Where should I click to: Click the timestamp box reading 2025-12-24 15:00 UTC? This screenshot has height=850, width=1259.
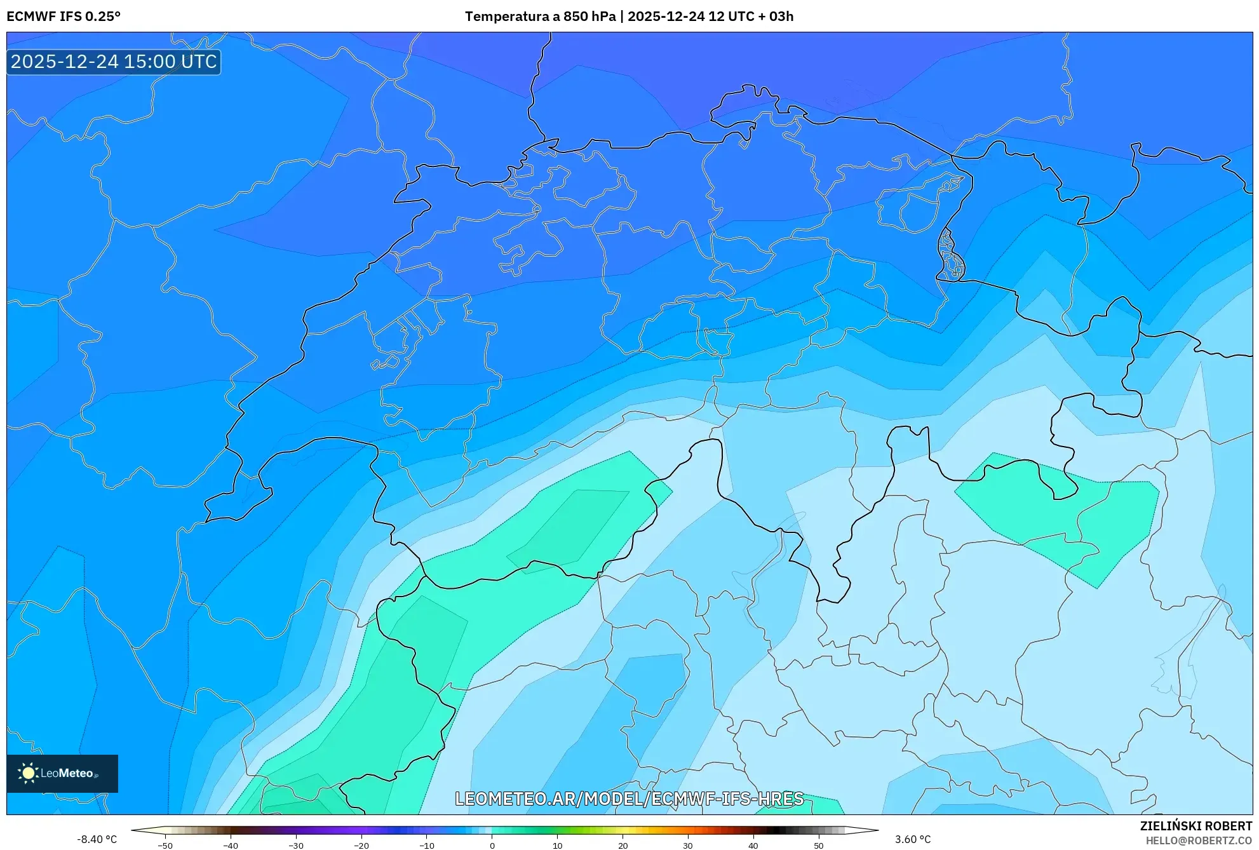click(114, 62)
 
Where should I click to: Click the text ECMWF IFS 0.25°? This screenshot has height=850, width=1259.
click(64, 17)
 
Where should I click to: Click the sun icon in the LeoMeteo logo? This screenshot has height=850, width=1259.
click(28, 773)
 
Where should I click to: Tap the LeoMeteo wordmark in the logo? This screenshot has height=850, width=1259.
click(67, 773)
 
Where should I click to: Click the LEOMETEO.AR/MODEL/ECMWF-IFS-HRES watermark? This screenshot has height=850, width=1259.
click(629, 799)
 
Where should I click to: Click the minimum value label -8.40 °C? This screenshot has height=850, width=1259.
click(97, 839)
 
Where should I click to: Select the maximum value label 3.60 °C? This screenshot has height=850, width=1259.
click(913, 839)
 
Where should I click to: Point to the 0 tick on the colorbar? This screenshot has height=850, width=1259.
click(492, 846)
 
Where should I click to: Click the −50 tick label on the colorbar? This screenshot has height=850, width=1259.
click(165, 846)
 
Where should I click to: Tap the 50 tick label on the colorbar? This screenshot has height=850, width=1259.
click(818, 846)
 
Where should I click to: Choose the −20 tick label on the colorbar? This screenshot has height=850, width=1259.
click(361, 846)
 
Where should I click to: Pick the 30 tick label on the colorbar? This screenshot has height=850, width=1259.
click(688, 846)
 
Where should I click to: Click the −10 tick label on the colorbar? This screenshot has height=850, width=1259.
click(426, 846)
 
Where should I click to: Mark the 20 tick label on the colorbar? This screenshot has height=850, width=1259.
click(623, 846)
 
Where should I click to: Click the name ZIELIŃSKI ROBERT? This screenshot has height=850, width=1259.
click(1196, 826)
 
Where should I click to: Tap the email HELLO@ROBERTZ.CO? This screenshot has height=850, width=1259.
click(1199, 840)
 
